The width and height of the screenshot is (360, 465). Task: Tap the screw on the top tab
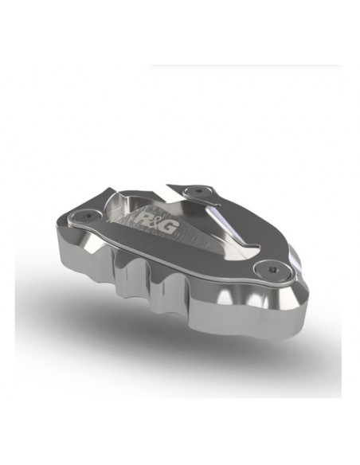pyautogui.click(x=194, y=190)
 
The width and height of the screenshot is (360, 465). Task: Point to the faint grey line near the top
pyautogui.click(x=239, y=66)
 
